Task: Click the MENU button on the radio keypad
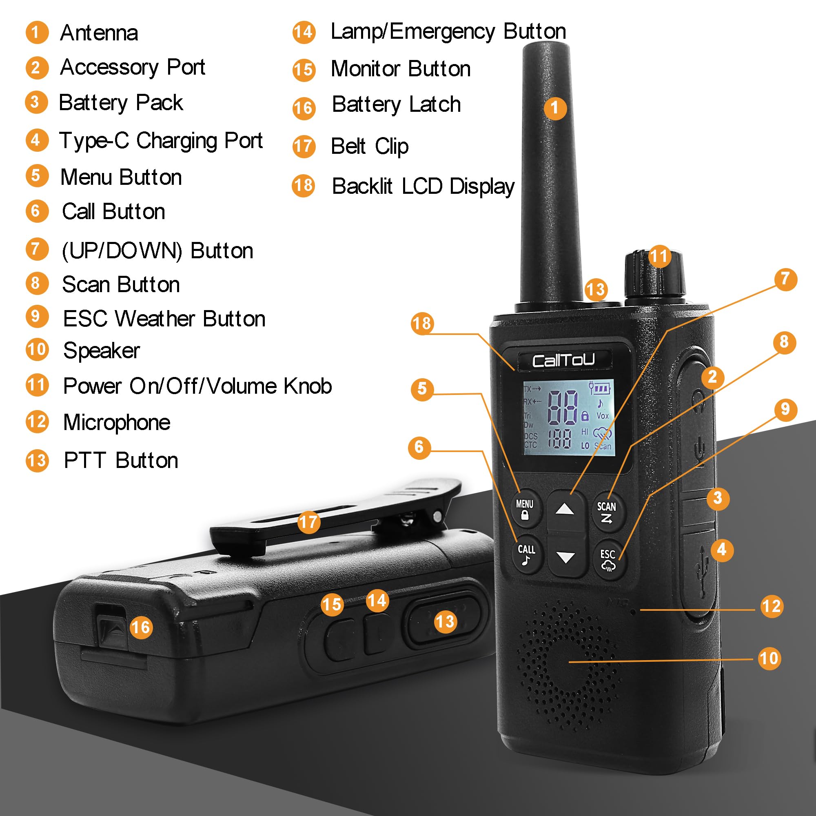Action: tap(525, 508)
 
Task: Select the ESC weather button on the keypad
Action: tap(608, 560)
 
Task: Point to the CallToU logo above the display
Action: tap(563, 360)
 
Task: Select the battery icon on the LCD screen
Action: tap(600, 387)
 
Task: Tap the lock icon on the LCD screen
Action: tap(585, 416)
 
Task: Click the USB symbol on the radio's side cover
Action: tap(703, 571)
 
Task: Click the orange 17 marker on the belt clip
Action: tap(308, 523)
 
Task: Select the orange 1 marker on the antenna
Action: tap(555, 108)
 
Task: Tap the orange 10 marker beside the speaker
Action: tap(769, 659)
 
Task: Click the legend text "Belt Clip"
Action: tap(370, 147)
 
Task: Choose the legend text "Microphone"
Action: tap(117, 422)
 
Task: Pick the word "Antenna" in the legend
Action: tap(99, 33)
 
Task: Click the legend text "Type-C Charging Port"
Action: tap(161, 141)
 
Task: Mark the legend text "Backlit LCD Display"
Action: tap(424, 187)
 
